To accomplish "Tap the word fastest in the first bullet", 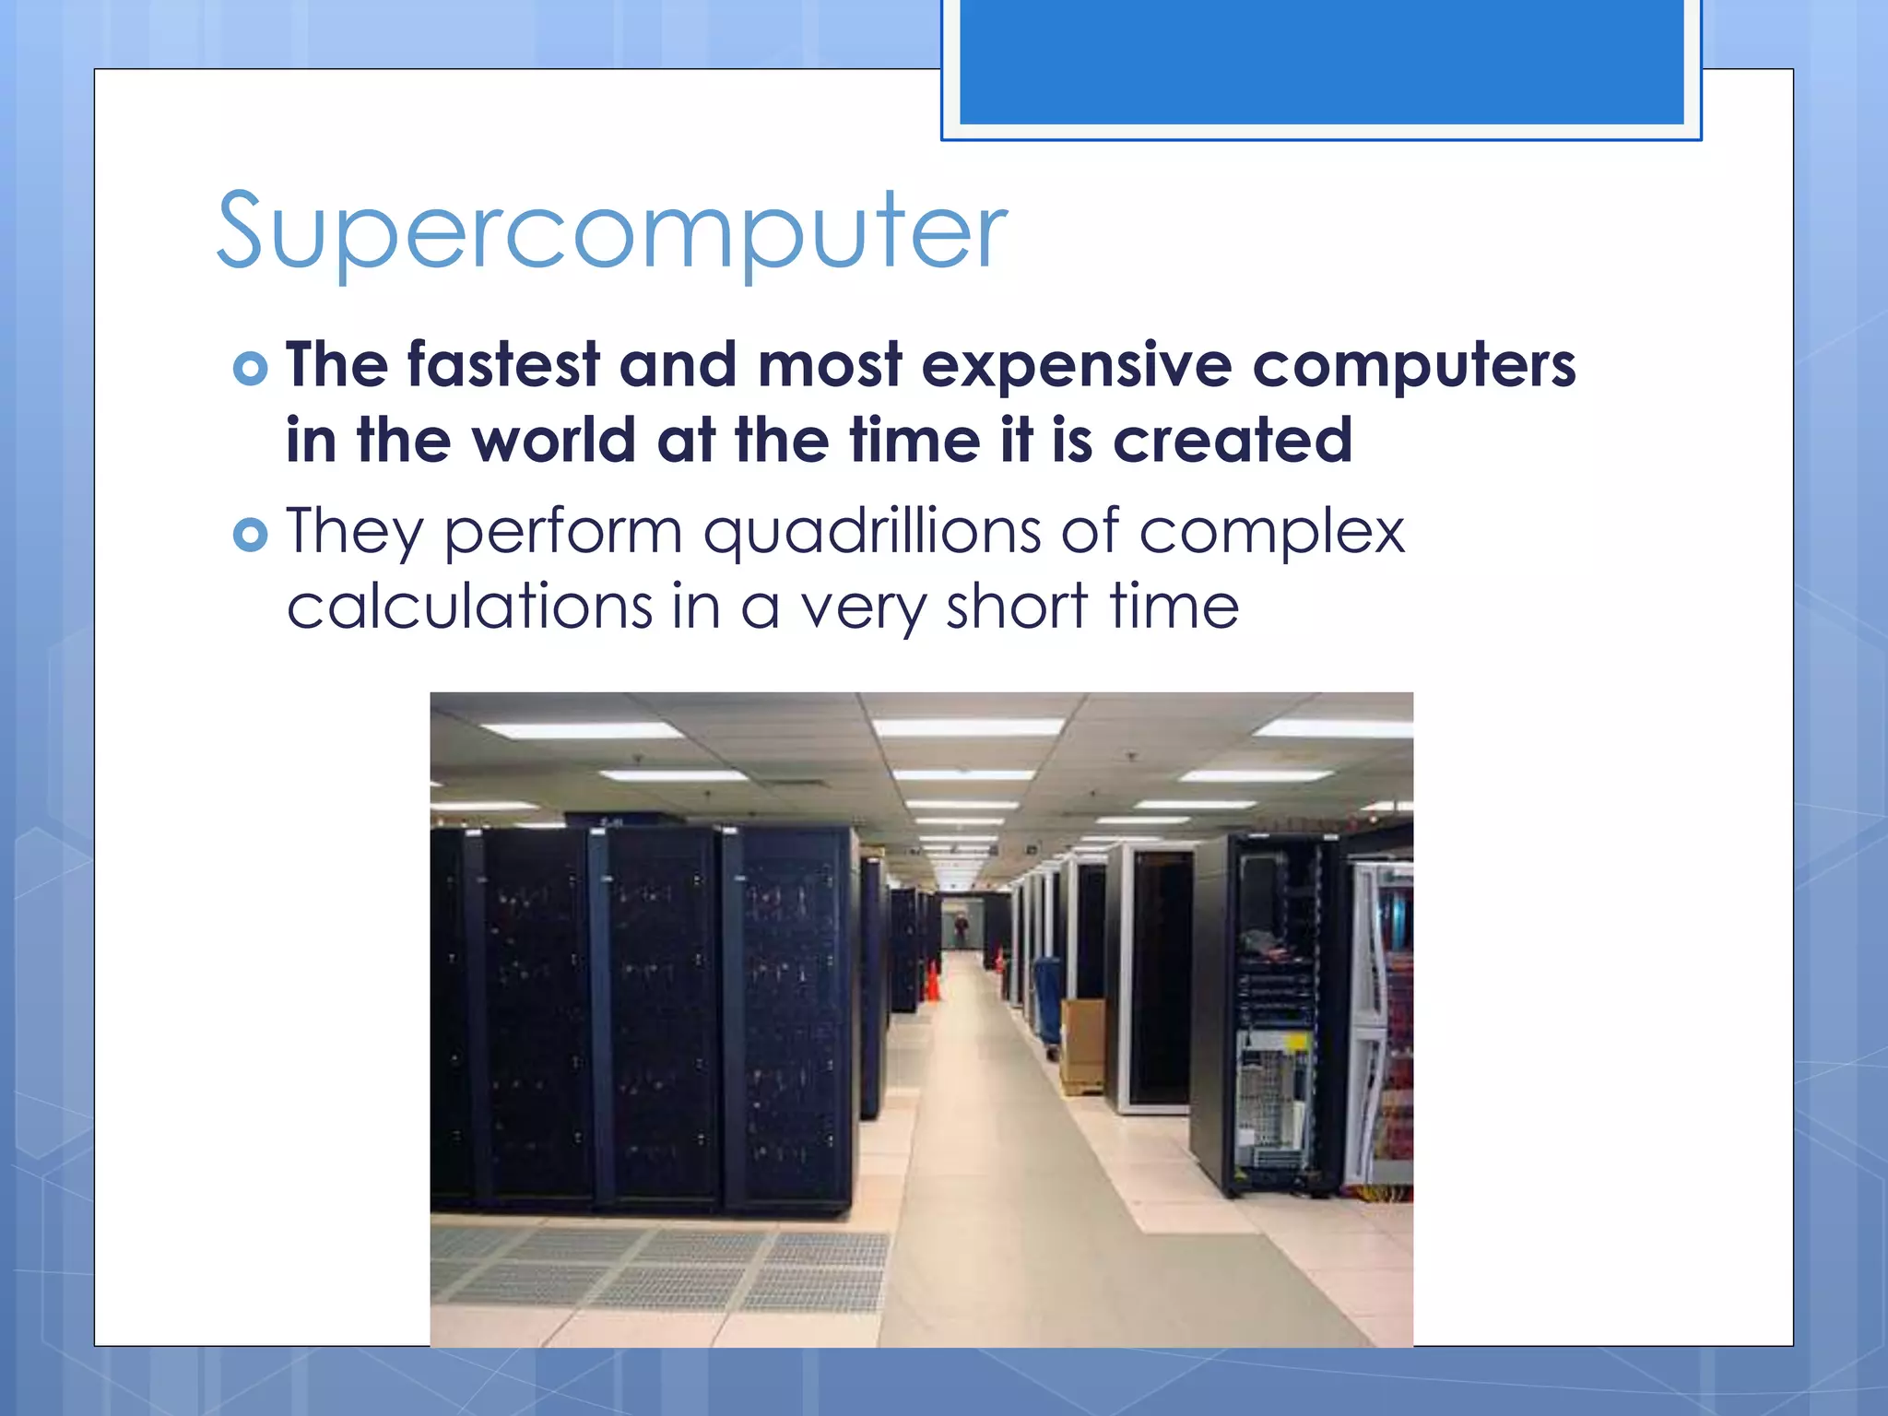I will [503, 365].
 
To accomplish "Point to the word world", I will [553, 441].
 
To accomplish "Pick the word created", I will [1233, 441].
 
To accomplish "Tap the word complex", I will [1271, 533].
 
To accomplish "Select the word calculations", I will [469, 607].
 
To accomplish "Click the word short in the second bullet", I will [1016, 607].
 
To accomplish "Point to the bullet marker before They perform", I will [250, 535].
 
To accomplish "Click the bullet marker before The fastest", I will [250, 369].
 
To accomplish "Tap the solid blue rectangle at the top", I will [1321, 61].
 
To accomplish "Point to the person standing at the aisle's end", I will [961, 926].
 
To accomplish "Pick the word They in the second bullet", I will [354, 533].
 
